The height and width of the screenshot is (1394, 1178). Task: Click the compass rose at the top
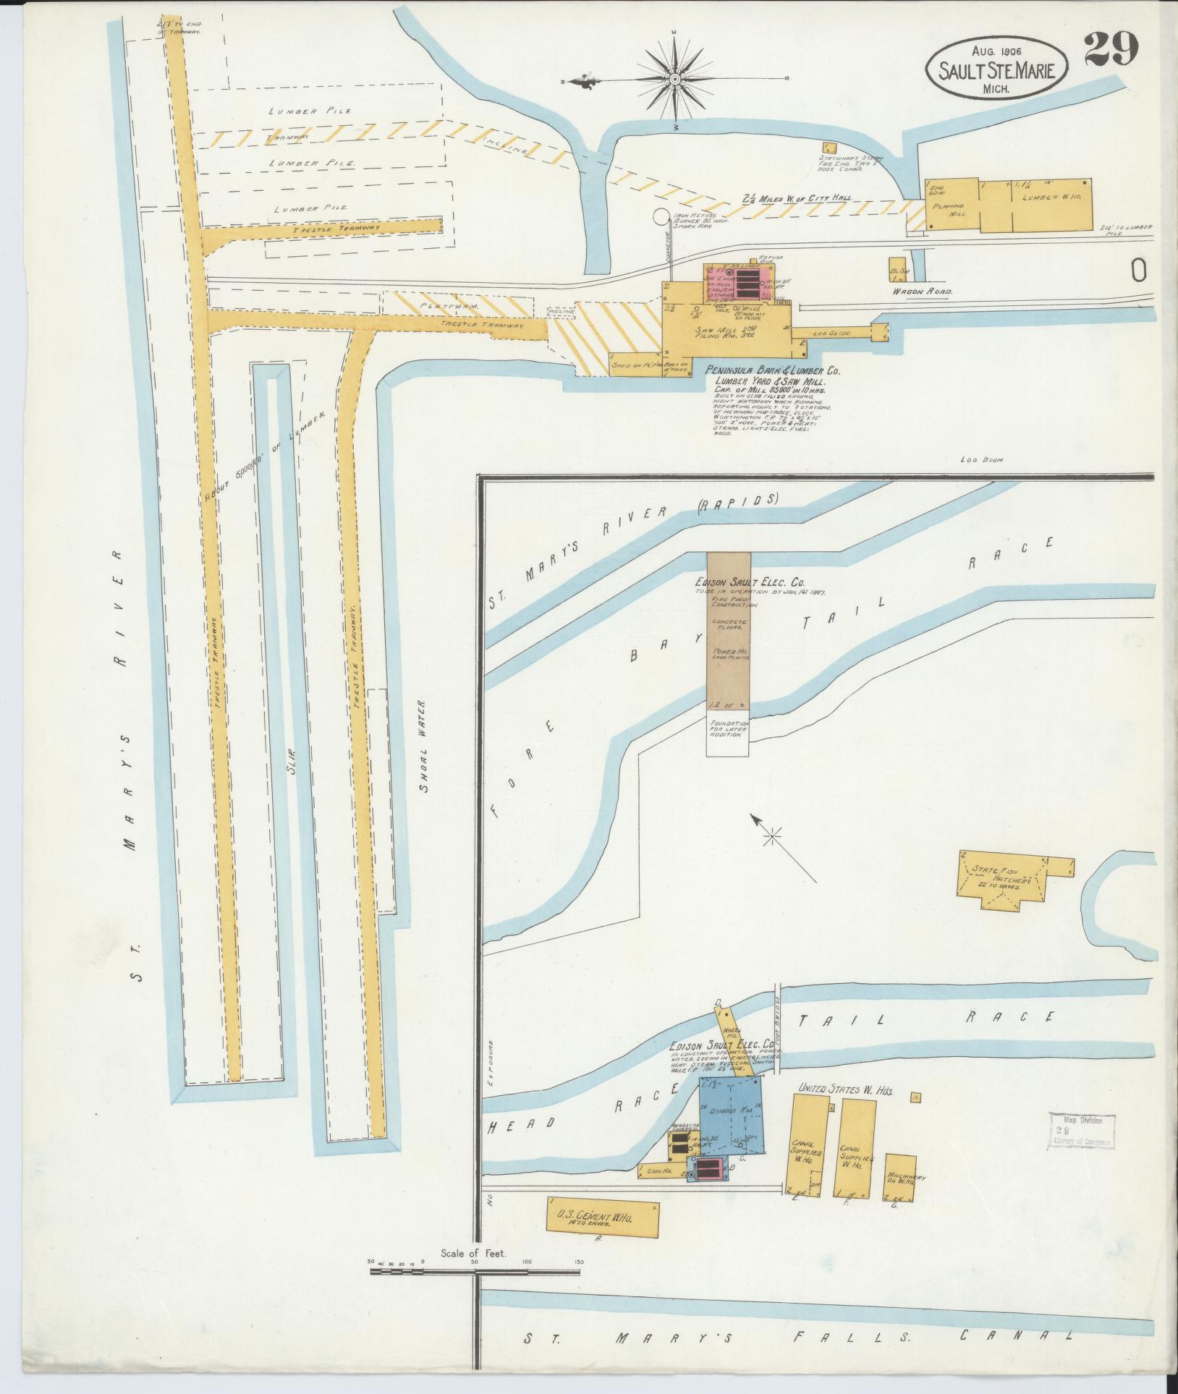click(x=674, y=78)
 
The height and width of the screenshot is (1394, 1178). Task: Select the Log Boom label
click(x=980, y=459)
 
